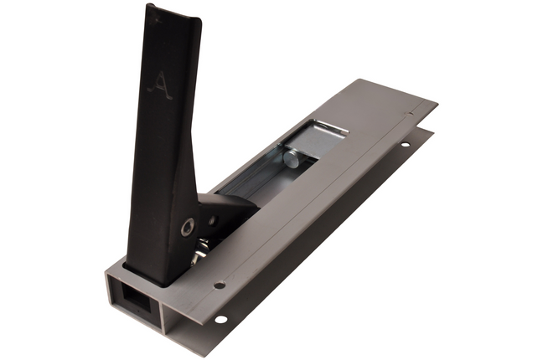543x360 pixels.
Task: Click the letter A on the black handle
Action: pos(159,85)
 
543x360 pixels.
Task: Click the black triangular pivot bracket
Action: pos(220,209)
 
